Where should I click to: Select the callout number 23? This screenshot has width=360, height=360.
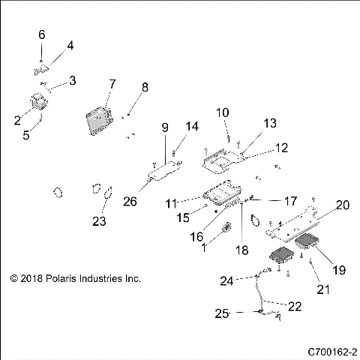[x=100, y=221]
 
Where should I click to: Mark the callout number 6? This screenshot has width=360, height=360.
[x=42, y=34]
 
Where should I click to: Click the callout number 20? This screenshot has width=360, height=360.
[x=343, y=204]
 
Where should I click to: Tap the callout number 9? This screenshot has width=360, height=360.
[x=165, y=127]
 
